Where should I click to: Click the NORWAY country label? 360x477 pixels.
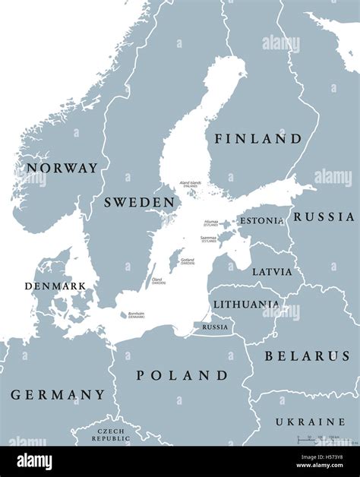point(62,168)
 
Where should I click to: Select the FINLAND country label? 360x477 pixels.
point(257,139)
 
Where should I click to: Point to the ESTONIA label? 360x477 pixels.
point(262,221)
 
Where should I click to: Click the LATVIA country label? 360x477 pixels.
point(272,271)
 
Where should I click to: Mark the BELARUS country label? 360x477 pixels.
point(306,355)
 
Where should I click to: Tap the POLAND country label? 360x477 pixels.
point(182,375)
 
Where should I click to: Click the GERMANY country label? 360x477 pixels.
point(58,395)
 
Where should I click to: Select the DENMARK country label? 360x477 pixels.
point(55,286)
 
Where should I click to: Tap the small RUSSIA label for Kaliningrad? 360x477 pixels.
point(215,327)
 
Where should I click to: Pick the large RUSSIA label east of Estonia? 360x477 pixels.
point(324,216)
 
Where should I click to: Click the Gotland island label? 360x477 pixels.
point(187,261)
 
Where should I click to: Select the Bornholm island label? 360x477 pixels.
point(136,314)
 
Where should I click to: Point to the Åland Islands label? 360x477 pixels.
point(190,185)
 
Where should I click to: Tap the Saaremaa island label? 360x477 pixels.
point(208,238)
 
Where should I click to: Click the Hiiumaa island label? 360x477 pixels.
point(210,223)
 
